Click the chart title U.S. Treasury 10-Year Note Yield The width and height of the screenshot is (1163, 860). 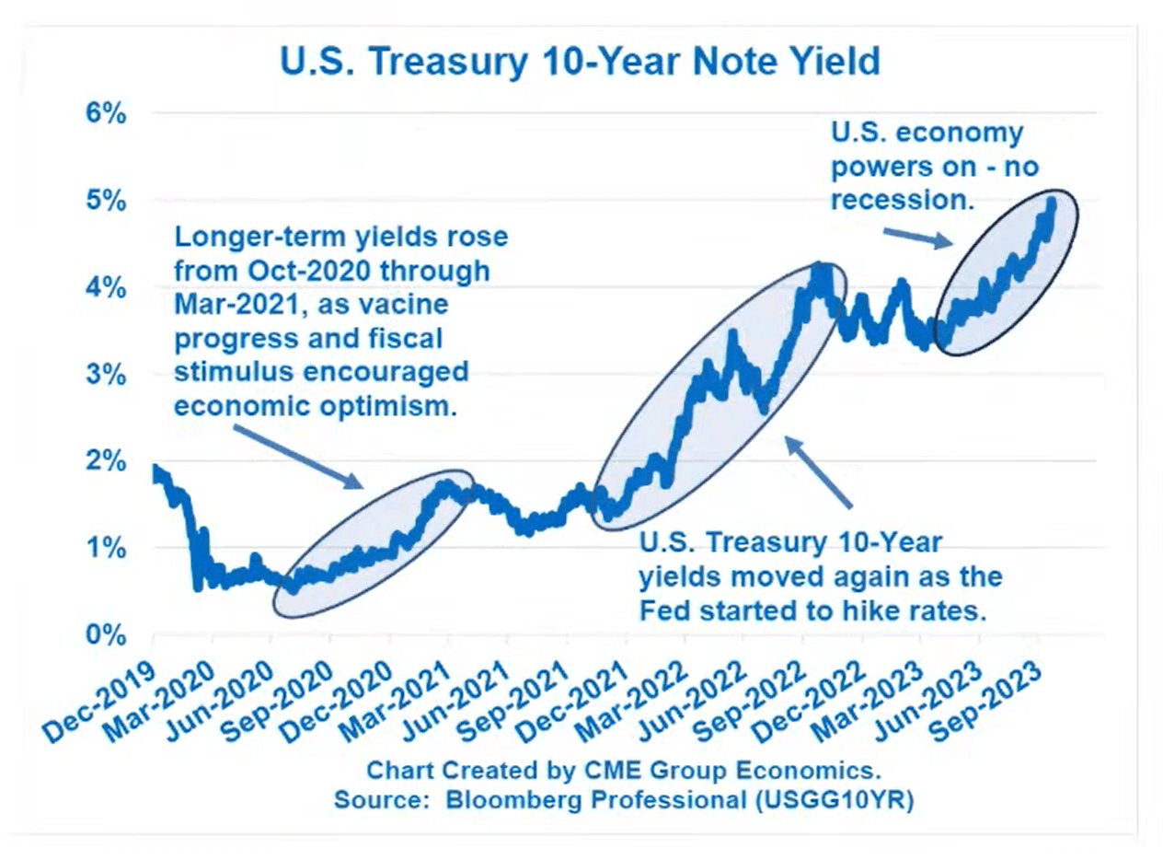pyautogui.click(x=580, y=62)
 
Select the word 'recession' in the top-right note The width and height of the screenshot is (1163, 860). pyautogui.click(x=901, y=199)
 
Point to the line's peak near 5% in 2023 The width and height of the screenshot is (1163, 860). pyautogui.click(x=1051, y=200)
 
